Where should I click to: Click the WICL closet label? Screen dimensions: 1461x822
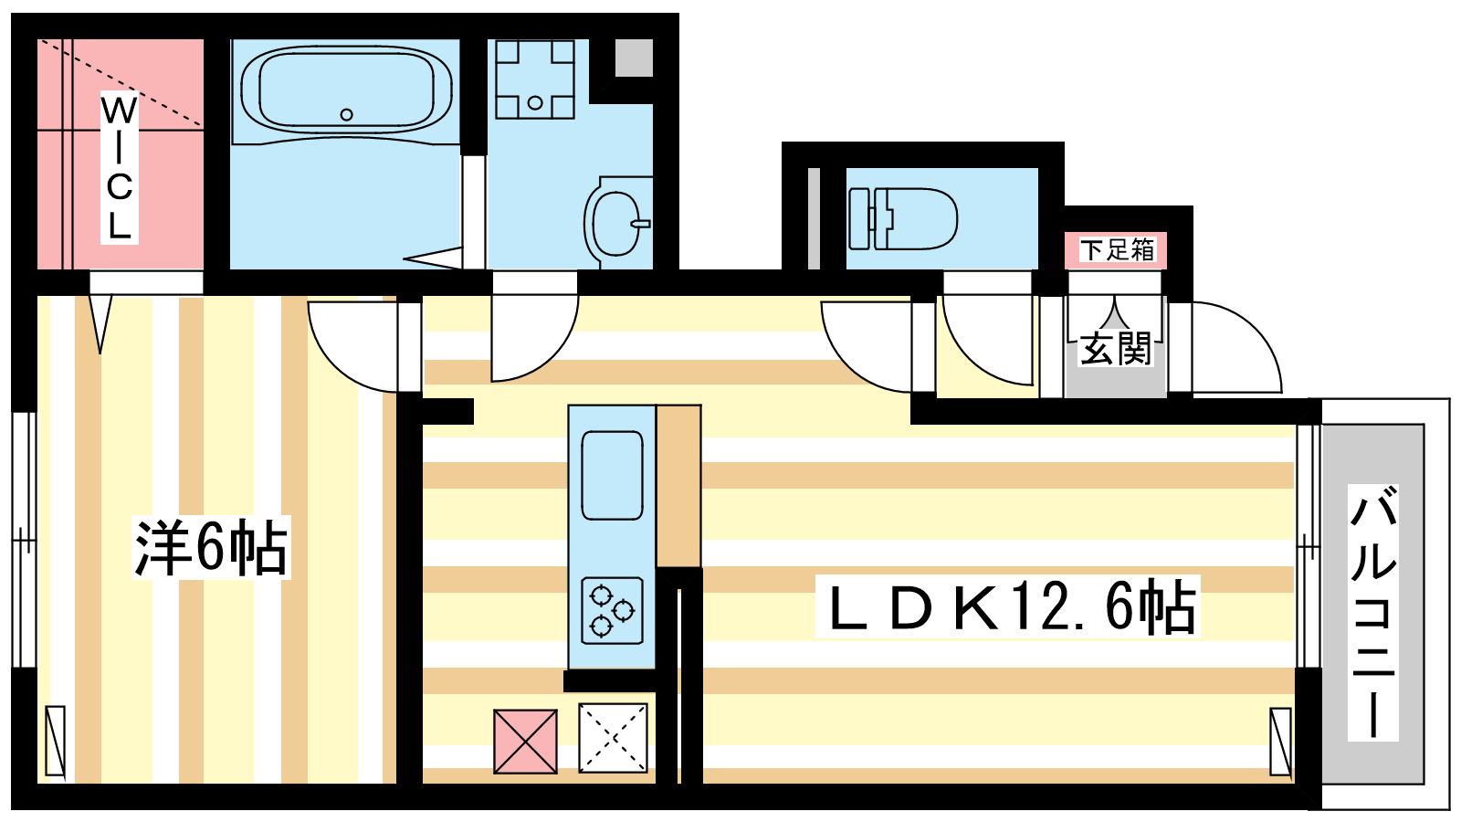click(x=120, y=168)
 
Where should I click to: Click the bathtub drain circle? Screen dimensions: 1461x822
click(x=346, y=115)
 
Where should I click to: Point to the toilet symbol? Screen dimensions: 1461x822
click(x=903, y=218)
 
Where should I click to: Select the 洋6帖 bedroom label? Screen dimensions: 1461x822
click(x=211, y=547)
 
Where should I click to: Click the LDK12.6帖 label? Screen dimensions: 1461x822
click(x=1008, y=606)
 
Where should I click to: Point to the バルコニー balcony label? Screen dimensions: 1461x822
click(x=1373, y=612)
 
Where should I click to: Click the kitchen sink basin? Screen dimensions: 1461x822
click(x=612, y=475)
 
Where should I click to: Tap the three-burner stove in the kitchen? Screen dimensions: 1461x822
click(x=612, y=611)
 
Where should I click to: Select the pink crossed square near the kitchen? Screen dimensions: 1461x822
click(x=525, y=742)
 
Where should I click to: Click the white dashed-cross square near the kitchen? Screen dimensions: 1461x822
click(x=613, y=738)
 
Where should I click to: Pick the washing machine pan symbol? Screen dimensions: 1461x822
click(x=535, y=79)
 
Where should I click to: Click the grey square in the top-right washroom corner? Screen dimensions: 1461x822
click(x=634, y=58)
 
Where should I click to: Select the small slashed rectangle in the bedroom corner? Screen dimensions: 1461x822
click(x=56, y=742)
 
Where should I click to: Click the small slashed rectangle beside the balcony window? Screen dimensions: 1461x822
click(x=1281, y=742)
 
